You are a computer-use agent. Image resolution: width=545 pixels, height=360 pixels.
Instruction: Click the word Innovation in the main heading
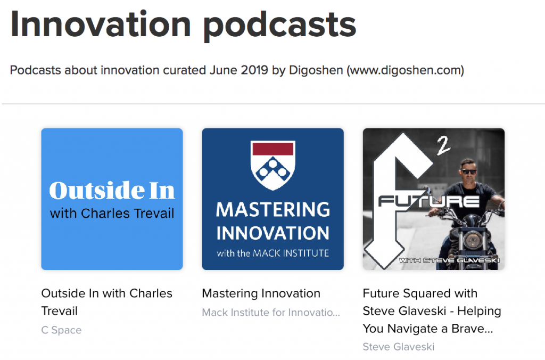[x=101, y=24]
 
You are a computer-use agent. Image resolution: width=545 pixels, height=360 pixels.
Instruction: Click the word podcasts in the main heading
[x=280, y=27]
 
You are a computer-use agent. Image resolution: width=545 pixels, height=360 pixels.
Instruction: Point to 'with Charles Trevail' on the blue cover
[x=112, y=213]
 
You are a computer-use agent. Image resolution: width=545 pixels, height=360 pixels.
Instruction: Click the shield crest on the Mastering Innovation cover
[x=273, y=165]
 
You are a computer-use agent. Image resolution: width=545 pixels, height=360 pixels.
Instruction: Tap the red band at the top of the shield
[x=273, y=149]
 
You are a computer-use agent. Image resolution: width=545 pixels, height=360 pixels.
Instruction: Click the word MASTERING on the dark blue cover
[x=273, y=209]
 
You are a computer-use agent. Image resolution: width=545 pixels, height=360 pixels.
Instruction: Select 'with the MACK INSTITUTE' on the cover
[x=273, y=253]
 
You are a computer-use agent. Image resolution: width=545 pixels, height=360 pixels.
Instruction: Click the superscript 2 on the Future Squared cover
[x=443, y=146]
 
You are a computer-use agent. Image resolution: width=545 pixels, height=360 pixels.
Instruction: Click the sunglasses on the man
[x=469, y=171]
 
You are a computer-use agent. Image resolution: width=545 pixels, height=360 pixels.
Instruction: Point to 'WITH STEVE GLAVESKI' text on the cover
[x=449, y=260]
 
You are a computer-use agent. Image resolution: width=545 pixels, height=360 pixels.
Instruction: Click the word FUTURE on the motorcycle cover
[x=429, y=201]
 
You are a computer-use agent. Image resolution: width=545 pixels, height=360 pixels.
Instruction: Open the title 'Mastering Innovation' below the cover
[x=261, y=293]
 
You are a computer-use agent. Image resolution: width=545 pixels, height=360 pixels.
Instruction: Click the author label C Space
[x=62, y=330]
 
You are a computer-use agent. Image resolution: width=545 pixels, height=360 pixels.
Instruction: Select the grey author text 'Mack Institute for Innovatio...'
[x=271, y=313]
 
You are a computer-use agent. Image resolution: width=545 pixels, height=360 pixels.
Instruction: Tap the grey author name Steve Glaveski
[x=398, y=347]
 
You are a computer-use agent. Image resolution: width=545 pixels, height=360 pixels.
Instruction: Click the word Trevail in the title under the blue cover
[x=60, y=310]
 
